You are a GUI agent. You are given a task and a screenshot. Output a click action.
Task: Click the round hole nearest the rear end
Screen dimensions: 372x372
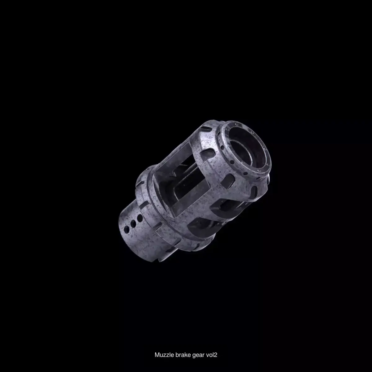tap(127, 229)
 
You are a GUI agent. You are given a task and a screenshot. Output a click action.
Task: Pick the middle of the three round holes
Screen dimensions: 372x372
tap(133, 224)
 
